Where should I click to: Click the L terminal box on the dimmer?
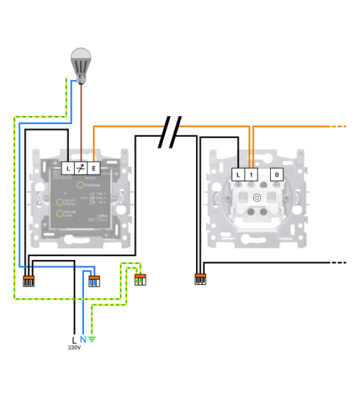click(68, 168)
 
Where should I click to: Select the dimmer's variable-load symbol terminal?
click(81, 168)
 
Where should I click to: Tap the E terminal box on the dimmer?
click(94, 168)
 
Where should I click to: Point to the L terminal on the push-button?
click(238, 174)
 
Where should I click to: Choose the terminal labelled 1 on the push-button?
click(251, 174)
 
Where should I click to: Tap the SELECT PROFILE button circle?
click(60, 202)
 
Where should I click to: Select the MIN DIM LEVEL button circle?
click(60, 214)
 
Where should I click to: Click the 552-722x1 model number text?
click(96, 218)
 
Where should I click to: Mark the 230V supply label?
click(74, 348)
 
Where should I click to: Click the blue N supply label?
click(83, 340)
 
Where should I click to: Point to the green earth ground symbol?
click(91, 340)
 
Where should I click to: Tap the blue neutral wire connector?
click(94, 280)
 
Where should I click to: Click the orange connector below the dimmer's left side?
click(28, 280)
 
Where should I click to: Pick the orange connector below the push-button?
click(200, 279)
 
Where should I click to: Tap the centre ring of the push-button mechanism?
click(256, 197)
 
